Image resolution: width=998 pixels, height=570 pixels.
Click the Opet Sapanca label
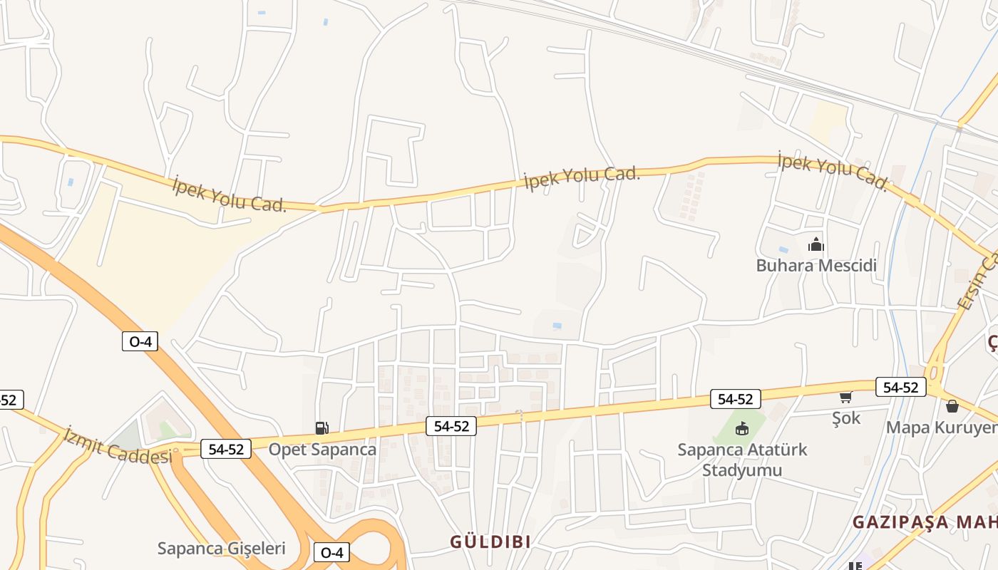(x=322, y=450)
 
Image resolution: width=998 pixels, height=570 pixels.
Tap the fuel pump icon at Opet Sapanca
(x=322, y=427)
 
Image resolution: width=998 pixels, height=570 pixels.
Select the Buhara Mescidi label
(x=816, y=266)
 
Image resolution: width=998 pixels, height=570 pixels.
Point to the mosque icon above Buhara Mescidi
(x=816, y=245)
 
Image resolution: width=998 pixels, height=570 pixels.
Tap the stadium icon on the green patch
(x=742, y=427)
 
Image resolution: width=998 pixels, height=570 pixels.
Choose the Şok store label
(x=846, y=418)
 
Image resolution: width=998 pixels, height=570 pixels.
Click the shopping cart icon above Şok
(x=846, y=398)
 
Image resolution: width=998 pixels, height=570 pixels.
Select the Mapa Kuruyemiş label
(x=941, y=427)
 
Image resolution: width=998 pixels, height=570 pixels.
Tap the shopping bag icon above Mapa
(x=952, y=406)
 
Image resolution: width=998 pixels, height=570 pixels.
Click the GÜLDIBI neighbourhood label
(x=490, y=541)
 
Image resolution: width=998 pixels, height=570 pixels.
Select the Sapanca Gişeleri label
(x=221, y=549)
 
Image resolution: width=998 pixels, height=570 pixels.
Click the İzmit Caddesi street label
(x=118, y=445)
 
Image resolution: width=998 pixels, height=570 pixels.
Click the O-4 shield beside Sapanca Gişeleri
(x=332, y=552)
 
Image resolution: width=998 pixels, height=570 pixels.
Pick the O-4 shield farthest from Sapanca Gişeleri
(x=140, y=341)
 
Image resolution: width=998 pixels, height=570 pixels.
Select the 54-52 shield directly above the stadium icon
(x=736, y=399)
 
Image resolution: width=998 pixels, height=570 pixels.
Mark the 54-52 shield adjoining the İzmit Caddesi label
(x=226, y=450)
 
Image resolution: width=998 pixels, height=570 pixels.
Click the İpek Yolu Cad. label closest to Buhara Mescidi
(x=833, y=171)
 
